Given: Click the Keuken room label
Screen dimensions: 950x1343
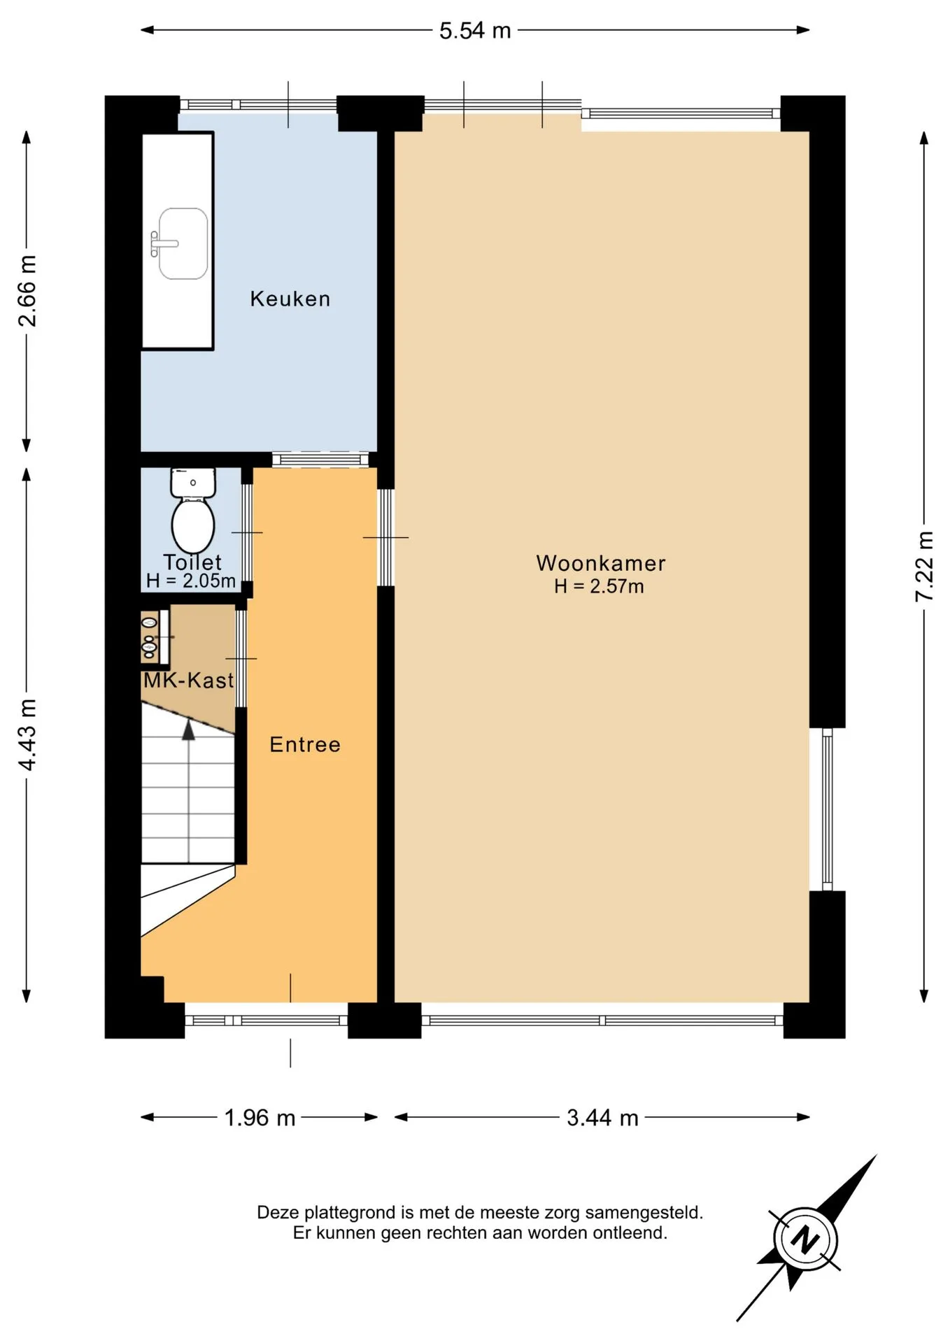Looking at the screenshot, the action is click(290, 299).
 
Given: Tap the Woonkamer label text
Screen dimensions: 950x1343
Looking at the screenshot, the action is click(601, 563).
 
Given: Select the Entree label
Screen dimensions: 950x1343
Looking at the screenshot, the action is click(305, 744).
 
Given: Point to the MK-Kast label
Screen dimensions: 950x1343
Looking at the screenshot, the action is click(188, 680).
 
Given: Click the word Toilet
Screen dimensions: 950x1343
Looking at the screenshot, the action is click(192, 562).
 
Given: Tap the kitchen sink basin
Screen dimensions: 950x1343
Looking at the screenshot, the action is click(183, 243).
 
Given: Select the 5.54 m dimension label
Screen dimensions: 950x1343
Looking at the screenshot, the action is click(475, 31).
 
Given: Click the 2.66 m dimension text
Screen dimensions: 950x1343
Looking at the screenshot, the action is click(27, 291).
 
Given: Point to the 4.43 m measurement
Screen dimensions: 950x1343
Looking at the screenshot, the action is click(27, 734).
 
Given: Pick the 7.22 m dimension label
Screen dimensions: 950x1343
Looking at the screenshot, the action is click(924, 567).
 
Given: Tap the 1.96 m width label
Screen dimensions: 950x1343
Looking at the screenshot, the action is click(260, 1118).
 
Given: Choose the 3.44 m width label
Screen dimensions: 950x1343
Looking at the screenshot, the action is click(602, 1118).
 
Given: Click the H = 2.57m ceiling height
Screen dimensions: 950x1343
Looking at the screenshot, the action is click(599, 586).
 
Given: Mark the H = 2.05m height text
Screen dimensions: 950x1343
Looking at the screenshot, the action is click(190, 581).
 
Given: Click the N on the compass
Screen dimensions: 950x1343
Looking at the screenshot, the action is click(805, 1240).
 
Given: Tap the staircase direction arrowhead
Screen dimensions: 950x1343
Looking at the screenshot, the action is click(188, 730).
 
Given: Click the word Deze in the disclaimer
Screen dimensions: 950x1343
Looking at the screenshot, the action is click(278, 1212).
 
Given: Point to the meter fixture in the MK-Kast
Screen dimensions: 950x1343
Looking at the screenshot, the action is click(150, 637).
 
